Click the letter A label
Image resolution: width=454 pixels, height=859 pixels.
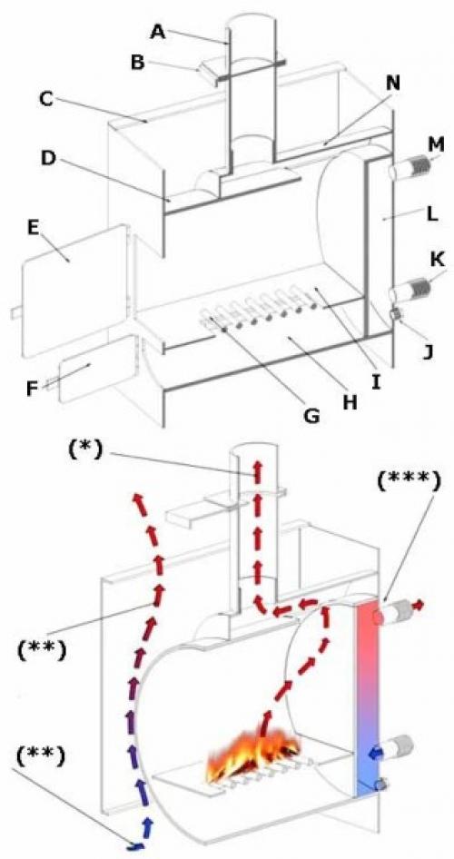(x=158, y=33)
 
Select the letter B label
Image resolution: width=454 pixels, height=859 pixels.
(x=137, y=62)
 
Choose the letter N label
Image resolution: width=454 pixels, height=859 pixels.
(x=392, y=84)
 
